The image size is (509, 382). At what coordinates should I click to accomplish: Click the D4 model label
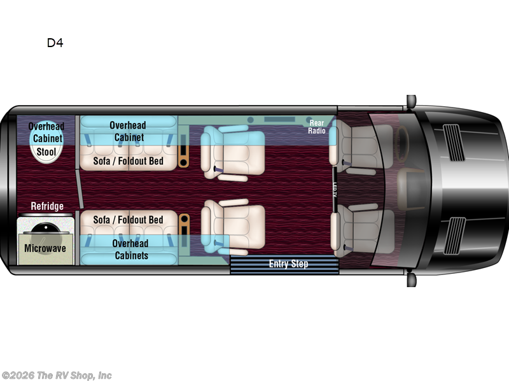(x=55, y=43)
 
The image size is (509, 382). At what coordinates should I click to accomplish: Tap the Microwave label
(x=45, y=248)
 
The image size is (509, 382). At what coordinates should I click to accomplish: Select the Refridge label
(x=48, y=206)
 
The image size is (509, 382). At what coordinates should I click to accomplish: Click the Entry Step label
(x=288, y=264)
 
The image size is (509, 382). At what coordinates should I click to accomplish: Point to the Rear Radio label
(x=317, y=126)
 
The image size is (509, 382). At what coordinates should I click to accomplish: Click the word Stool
(x=46, y=152)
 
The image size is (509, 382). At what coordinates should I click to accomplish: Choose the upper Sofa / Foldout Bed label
(x=128, y=161)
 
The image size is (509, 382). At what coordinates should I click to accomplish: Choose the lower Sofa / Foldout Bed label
(x=128, y=220)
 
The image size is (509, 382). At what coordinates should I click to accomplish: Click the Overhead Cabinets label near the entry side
(x=130, y=249)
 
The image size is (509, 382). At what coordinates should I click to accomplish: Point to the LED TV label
(x=335, y=189)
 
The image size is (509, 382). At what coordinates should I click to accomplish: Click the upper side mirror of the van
(x=411, y=101)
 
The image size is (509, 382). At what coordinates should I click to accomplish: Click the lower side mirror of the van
(x=411, y=279)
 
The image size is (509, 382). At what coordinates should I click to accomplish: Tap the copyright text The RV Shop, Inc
(x=57, y=375)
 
